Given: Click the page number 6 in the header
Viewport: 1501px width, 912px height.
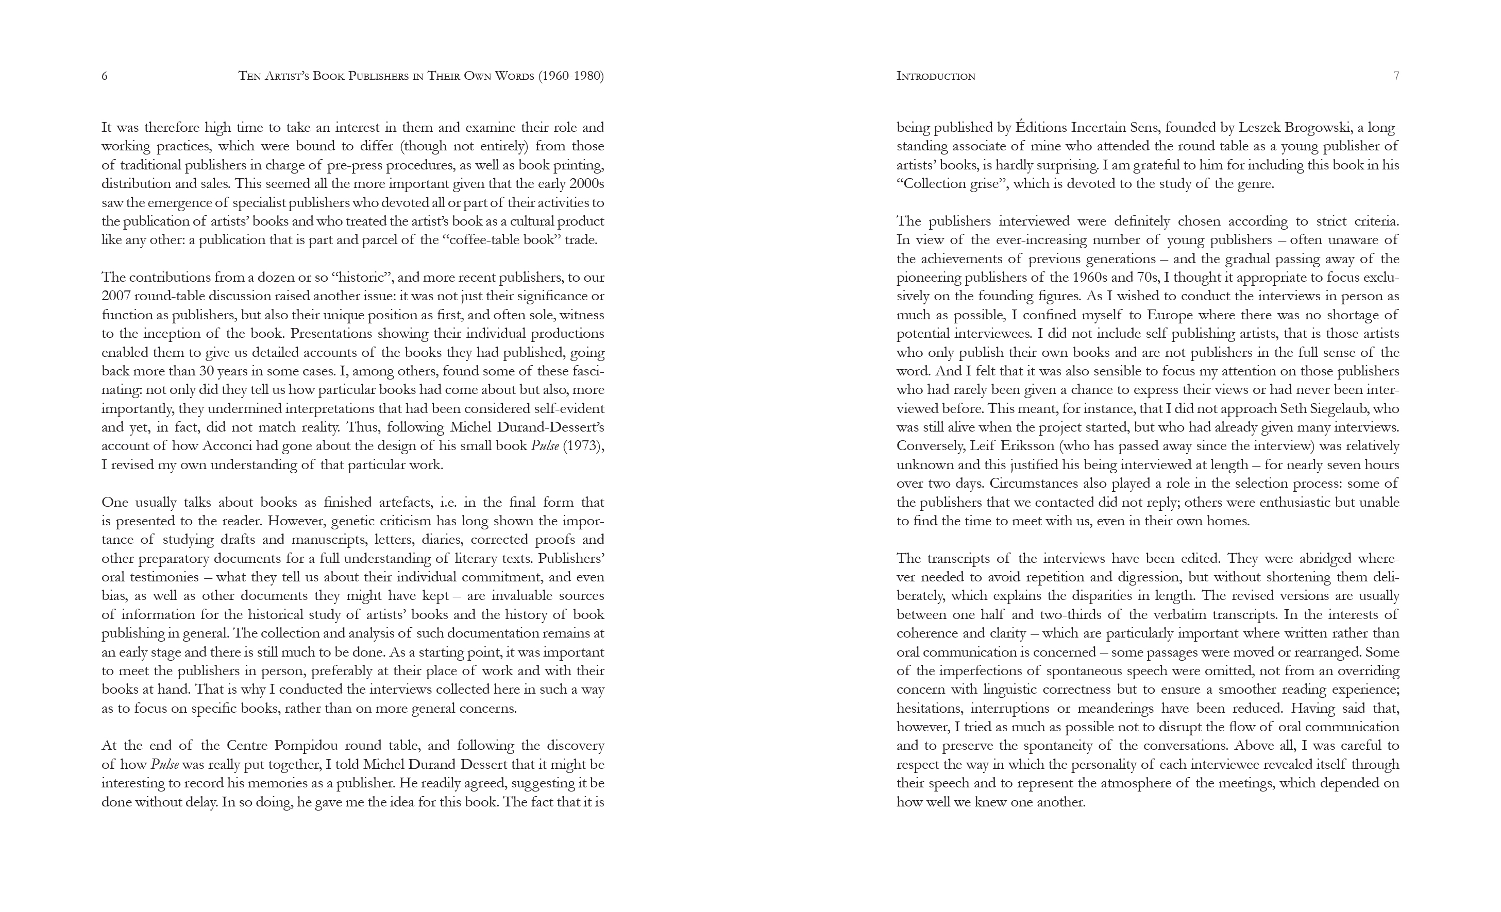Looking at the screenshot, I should (x=104, y=76).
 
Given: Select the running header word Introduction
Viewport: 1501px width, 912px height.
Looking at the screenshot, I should (x=936, y=76).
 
